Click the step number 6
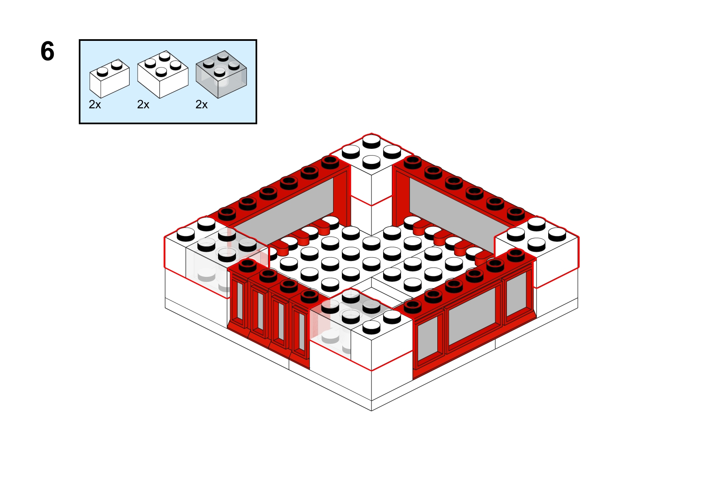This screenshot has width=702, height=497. (x=48, y=51)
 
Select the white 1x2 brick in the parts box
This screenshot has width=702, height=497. (x=109, y=78)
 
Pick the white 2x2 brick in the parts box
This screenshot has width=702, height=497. (x=163, y=75)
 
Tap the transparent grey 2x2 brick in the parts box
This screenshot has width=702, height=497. (x=221, y=75)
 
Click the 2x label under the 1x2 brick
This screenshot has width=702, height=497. (x=95, y=105)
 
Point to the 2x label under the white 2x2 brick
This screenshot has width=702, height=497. (x=143, y=105)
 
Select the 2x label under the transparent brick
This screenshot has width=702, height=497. (x=201, y=105)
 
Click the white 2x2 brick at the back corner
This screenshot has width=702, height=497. (x=371, y=169)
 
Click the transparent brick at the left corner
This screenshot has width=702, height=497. (x=227, y=260)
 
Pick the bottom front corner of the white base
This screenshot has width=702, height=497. (x=372, y=411)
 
